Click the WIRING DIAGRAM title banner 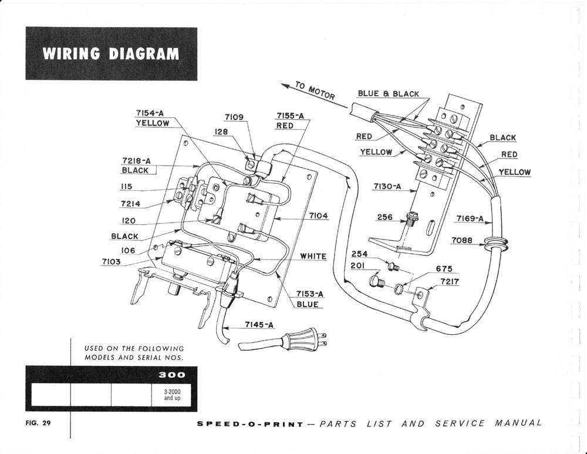111,53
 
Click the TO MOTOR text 315,91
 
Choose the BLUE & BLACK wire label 389,94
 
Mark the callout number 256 385,217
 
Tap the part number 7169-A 470,219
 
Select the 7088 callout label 463,241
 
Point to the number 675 444,268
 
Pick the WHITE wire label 313,257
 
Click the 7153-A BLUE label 307,299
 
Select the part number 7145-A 258,325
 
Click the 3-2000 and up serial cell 174,394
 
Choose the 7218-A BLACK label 135,165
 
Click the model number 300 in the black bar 174,375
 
